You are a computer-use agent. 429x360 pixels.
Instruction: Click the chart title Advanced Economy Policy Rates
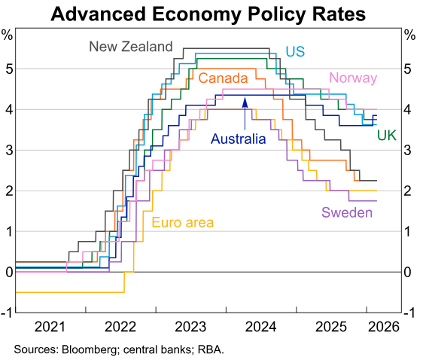coord(214,14)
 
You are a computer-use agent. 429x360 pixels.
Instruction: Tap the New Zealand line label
coord(131,47)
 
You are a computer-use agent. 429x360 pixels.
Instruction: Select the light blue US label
coord(294,51)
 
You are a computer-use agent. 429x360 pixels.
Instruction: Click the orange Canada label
coord(223,78)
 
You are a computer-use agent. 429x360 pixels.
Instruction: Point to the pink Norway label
coord(353,78)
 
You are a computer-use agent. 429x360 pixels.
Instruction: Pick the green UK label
coord(386,135)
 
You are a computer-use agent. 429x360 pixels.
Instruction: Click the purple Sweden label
coord(348,213)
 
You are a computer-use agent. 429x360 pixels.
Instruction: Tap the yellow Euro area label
coord(183,221)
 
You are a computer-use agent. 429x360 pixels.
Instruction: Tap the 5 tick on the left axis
coord(7,69)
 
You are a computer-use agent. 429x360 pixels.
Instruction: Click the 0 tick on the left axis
coord(7,272)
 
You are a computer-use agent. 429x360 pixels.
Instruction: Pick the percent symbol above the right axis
coord(409,35)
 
